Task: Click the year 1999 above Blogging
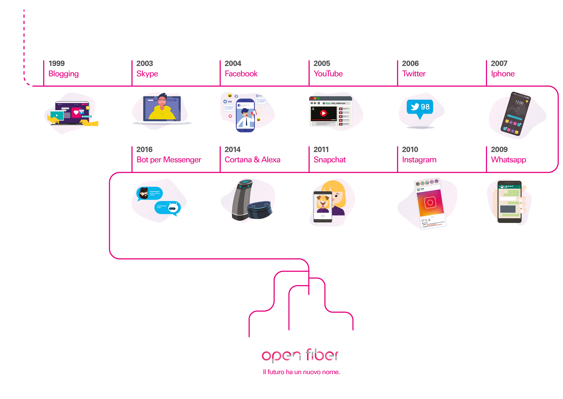click(57, 64)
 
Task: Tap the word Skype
click(147, 74)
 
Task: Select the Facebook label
click(241, 74)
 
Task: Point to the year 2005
click(322, 64)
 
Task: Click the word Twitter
click(414, 74)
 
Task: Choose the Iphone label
click(503, 74)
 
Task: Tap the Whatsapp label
click(508, 160)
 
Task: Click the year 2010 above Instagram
click(410, 150)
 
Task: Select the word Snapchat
click(330, 160)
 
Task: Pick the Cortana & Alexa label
click(252, 160)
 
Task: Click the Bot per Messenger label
click(169, 160)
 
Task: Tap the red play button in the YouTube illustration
click(323, 113)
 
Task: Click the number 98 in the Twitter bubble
click(425, 107)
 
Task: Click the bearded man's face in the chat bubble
click(144, 193)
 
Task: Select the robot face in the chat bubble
click(173, 208)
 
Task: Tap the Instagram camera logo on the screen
click(430, 202)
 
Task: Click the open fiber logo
click(300, 355)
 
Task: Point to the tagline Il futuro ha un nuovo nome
click(301, 372)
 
